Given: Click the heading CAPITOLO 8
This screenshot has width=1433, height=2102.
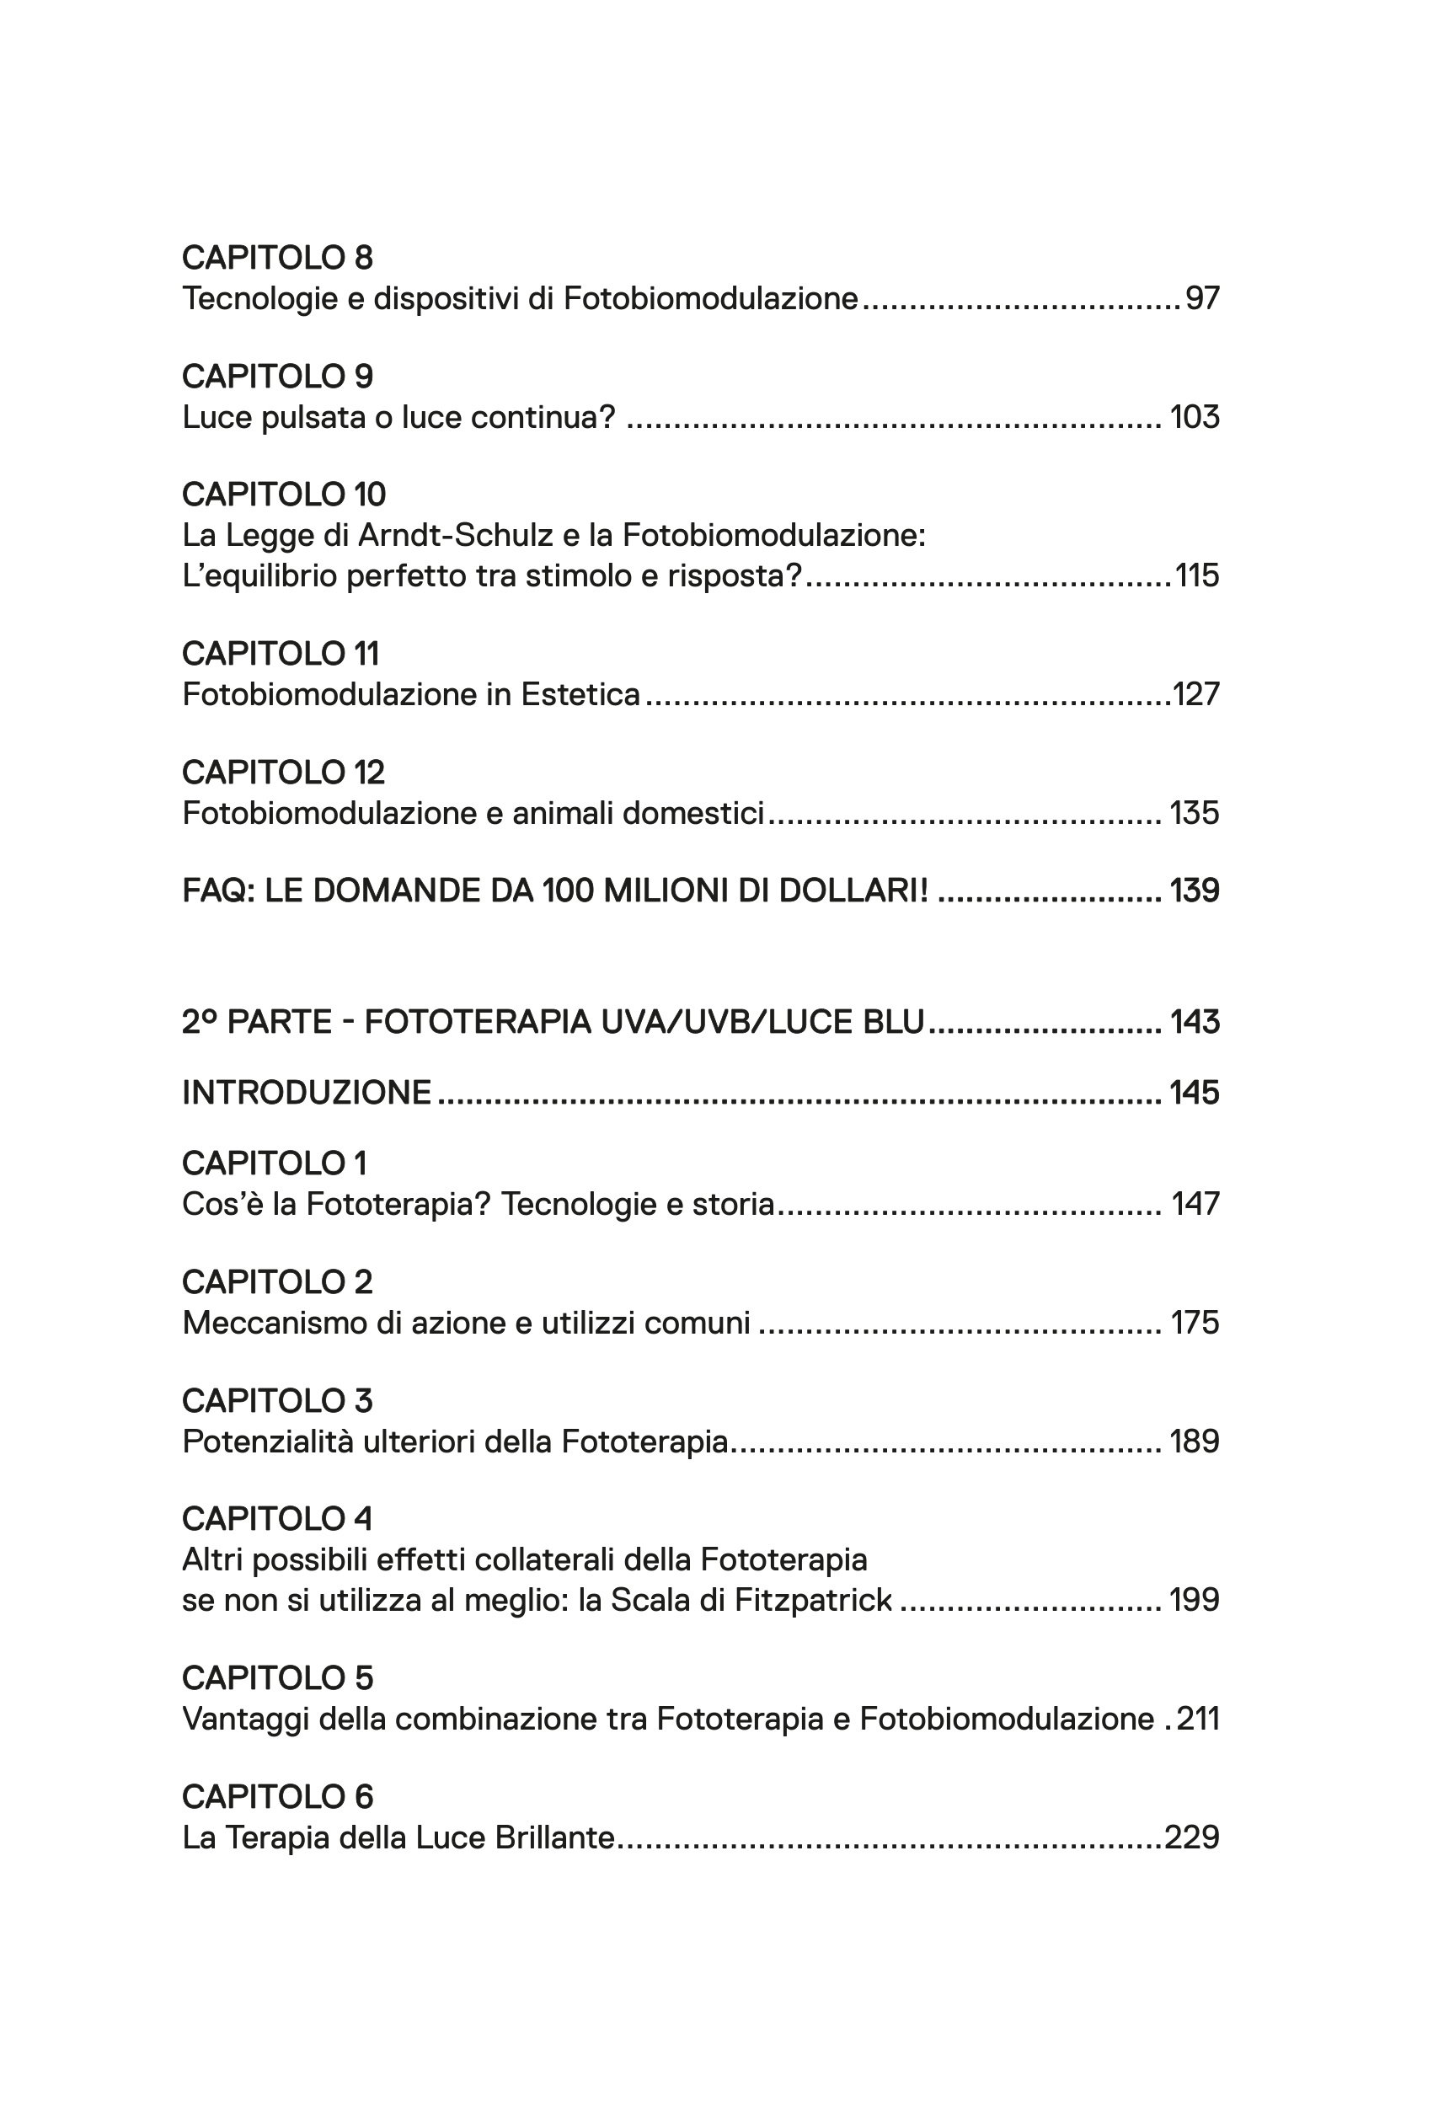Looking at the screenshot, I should pos(277,258).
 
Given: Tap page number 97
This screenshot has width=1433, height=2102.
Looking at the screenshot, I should pos(1202,298).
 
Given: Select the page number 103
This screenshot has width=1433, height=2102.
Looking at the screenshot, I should pos(1195,417).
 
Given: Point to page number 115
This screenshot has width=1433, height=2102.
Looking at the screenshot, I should pos(1197,575).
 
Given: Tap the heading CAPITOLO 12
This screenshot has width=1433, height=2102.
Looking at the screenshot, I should pos(283,772).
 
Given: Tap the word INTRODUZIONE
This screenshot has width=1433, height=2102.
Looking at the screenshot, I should pos(307,1093).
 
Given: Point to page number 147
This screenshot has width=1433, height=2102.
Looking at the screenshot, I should pos(1196,1204).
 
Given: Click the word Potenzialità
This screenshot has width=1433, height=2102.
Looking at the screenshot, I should pos(267,1441).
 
